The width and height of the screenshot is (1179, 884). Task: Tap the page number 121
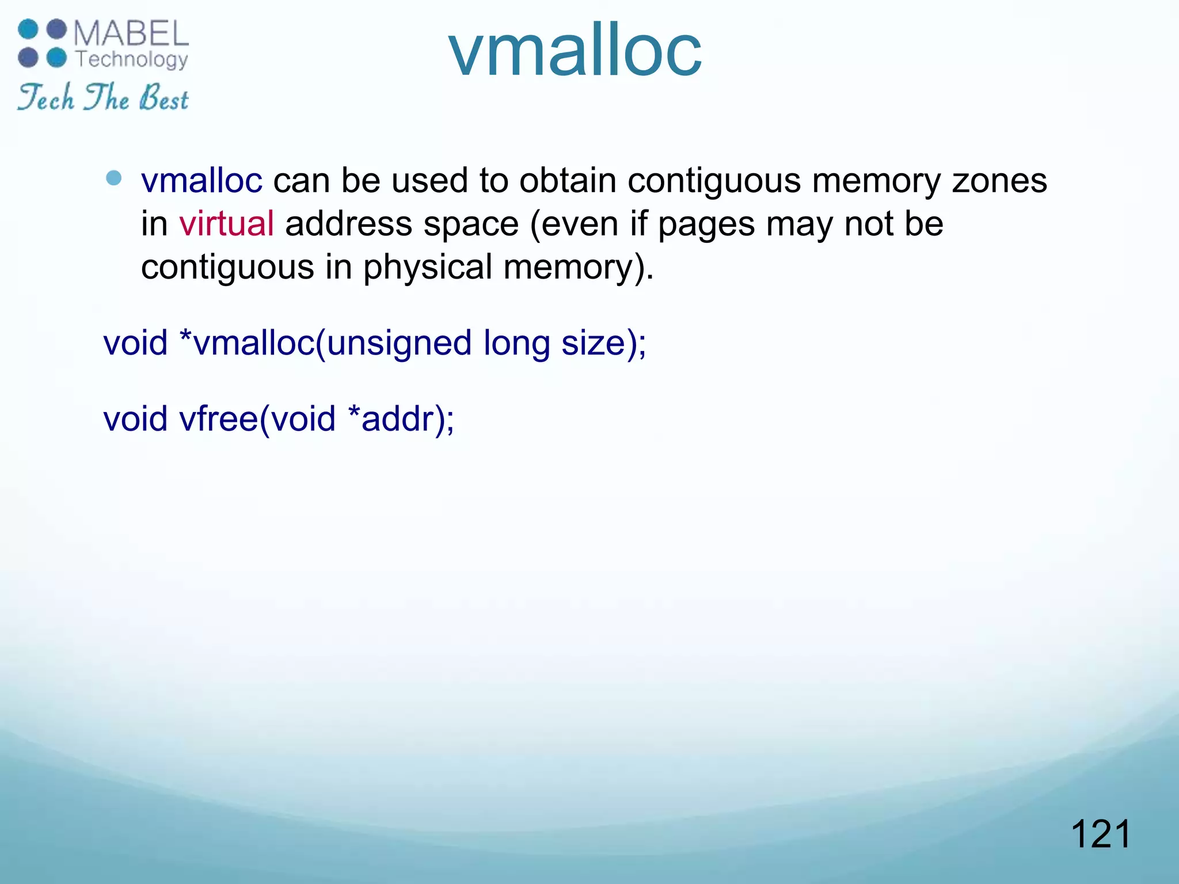point(1100,834)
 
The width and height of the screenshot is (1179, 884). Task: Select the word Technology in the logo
point(132,59)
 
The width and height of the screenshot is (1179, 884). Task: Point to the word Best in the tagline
point(163,98)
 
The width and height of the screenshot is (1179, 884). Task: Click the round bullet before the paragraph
point(114,178)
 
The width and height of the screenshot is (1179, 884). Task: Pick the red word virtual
point(226,224)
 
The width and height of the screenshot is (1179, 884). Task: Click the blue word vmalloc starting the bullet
point(201,181)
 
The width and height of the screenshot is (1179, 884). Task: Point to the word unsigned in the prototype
point(399,344)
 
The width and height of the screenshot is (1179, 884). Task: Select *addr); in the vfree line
point(401,418)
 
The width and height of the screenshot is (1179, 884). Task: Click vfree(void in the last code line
point(257,418)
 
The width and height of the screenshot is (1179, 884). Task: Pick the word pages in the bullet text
point(706,225)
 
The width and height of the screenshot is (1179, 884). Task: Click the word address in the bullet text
point(348,224)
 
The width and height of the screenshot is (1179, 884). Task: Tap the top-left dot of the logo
point(28,29)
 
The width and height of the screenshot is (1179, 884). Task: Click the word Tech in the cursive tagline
point(46,98)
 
